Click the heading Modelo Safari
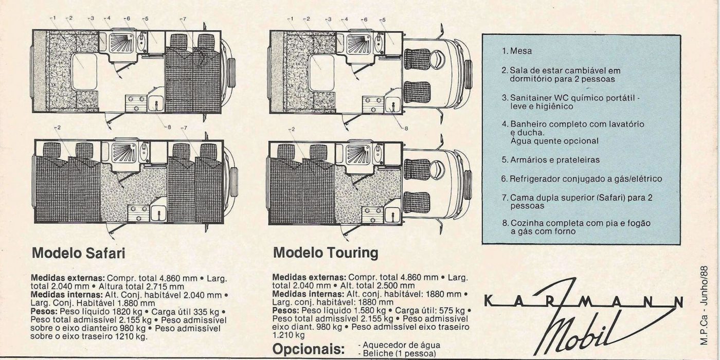coord(78,254)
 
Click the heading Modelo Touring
coord(325,253)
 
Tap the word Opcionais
coord(308,350)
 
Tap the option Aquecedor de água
coord(400,345)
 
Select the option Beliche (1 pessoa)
coord(397,353)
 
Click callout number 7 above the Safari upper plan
coord(183,19)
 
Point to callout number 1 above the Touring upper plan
coord(291,19)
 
